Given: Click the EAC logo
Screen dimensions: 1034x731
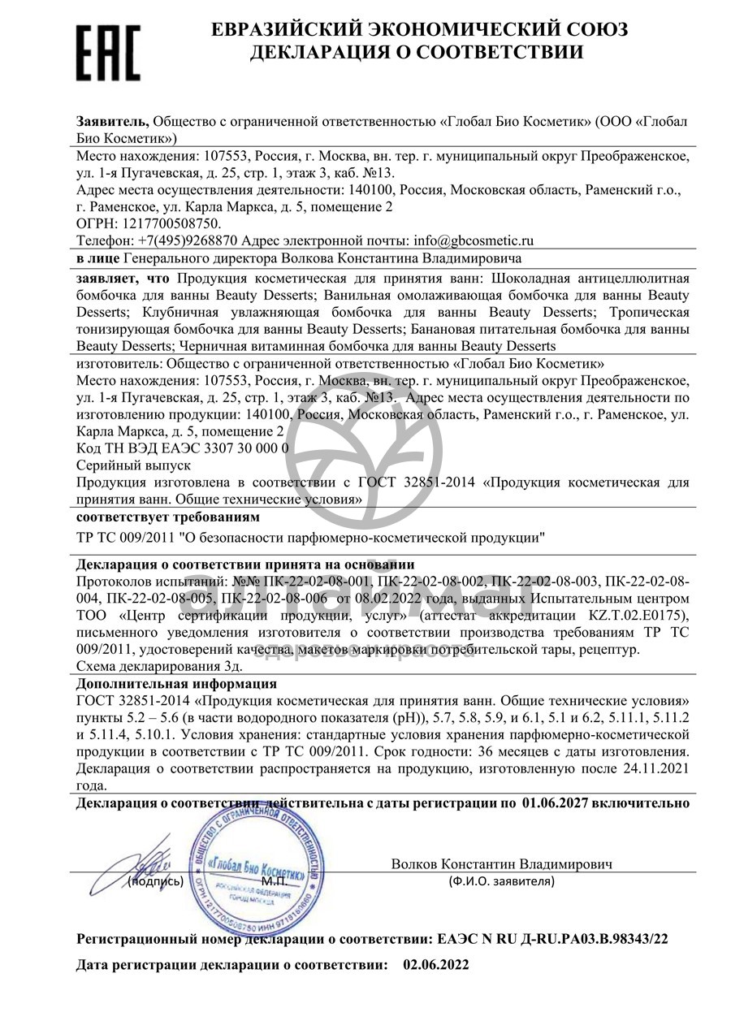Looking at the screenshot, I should tap(108, 51).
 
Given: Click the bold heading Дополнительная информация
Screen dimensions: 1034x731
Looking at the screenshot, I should tap(176, 684).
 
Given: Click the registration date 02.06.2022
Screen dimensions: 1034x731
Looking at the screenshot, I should tap(435, 966).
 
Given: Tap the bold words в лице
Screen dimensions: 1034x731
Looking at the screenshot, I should tap(97, 259).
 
